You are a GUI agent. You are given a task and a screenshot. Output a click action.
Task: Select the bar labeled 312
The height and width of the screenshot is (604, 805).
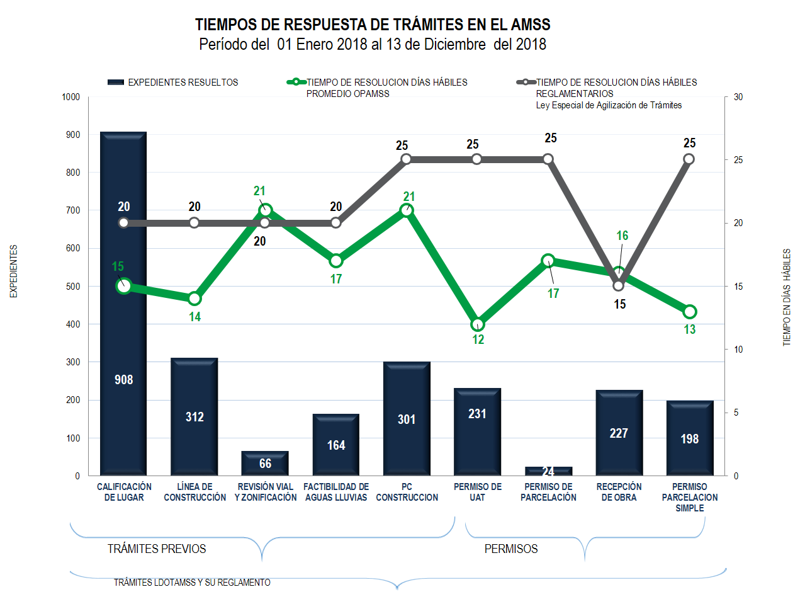(x=194, y=416)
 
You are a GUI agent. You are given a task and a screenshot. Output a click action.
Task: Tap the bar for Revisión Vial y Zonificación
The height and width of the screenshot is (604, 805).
(x=265, y=464)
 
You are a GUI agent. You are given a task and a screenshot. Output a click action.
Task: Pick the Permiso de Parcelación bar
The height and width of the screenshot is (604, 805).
(x=548, y=471)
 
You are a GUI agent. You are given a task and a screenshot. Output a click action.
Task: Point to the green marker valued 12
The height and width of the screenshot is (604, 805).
(x=477, y=324)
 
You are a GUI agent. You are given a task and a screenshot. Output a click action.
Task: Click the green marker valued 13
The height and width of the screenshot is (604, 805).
(x=689, y=312)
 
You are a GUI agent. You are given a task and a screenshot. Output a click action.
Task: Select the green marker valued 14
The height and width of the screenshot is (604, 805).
(x=194, y=299)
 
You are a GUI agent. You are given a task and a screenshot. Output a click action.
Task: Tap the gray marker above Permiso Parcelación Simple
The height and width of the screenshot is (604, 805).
(x=689, y=159)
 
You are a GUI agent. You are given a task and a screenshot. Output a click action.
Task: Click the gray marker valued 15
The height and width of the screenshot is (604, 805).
(x=619, y=285)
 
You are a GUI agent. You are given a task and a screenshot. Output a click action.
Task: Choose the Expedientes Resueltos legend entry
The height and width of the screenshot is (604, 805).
(x=173, y=83)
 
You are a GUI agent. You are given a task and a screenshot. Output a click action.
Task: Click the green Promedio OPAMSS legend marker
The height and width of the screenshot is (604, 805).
(x=296, y=83)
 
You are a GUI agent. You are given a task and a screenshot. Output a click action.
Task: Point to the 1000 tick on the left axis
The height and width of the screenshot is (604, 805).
(x=71, y=97)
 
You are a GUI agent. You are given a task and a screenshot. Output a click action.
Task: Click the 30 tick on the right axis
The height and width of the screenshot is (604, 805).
(x=738, y=97)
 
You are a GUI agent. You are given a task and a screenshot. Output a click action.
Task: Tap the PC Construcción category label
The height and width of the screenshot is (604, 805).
(x=407, y=492)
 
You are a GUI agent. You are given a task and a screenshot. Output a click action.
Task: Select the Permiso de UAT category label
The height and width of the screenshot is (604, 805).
(x=477, y=492)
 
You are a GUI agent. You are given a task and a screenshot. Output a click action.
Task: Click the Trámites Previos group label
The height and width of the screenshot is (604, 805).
(x=157, y=549)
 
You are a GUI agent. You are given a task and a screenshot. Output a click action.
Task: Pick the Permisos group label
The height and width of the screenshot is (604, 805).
(x=511, y=549)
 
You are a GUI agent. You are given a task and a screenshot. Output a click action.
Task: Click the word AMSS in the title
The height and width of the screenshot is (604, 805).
(x=531, y=25)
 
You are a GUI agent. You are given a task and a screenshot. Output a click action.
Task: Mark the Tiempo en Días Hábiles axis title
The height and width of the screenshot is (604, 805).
(x=787, y=297)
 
